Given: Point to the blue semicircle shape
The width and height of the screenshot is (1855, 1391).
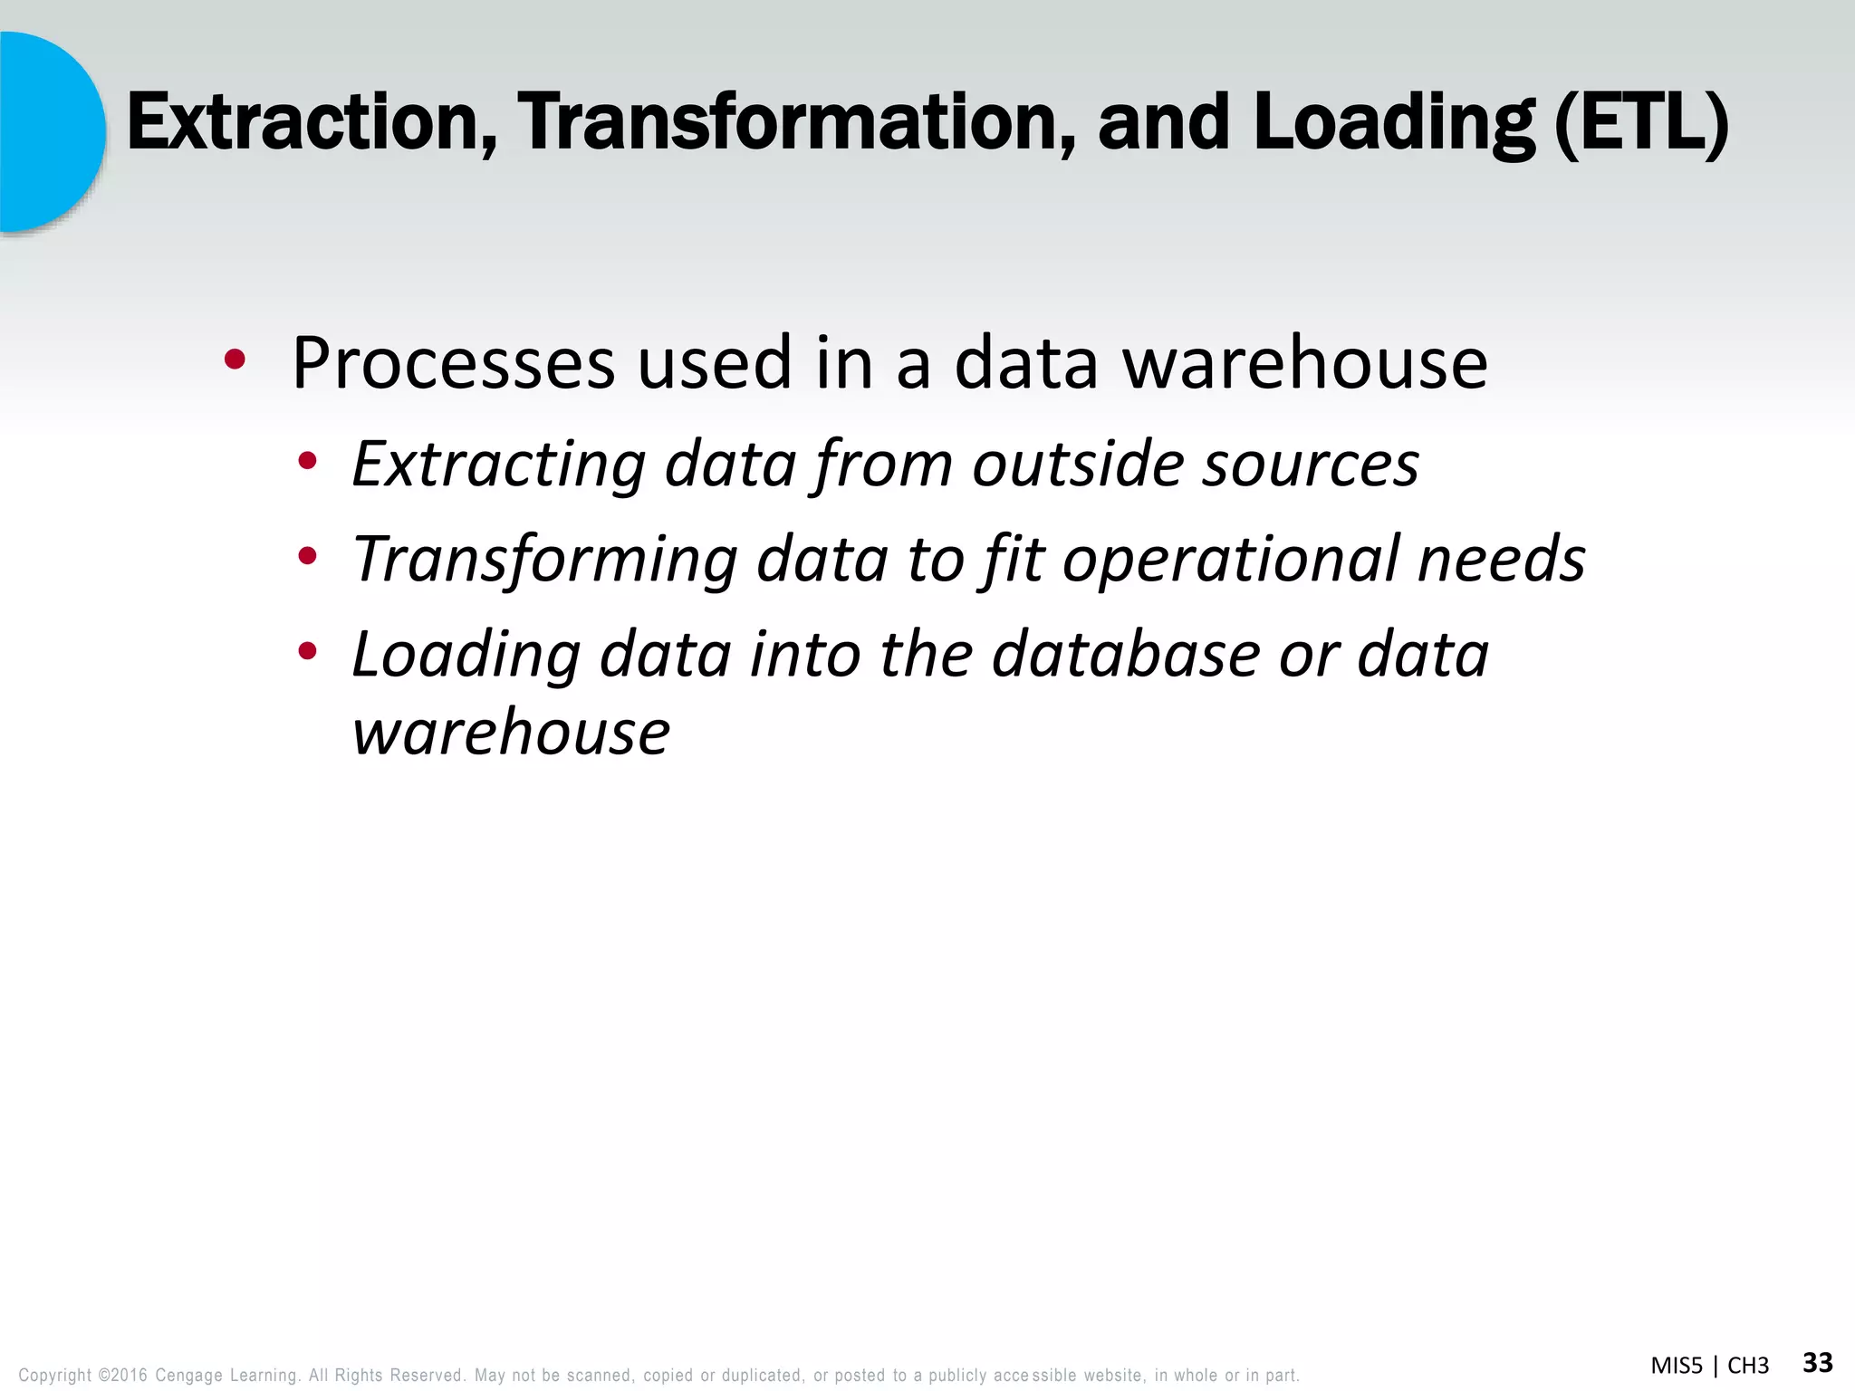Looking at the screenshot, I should click(50, 131).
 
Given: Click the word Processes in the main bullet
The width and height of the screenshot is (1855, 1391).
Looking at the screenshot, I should click(453, 363).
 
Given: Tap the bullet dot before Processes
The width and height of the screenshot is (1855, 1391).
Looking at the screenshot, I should click(235, 360).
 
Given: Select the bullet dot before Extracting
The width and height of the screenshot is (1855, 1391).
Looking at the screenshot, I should click(308, 461).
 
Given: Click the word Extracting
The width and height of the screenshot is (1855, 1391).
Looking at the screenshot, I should click(498, 464).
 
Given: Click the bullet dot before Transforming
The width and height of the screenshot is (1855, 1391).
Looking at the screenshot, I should click(308, 556).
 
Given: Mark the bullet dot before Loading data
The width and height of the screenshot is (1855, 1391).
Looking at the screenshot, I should click(308, 650).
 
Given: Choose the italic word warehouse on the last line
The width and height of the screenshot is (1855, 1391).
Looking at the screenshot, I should click(511, 732).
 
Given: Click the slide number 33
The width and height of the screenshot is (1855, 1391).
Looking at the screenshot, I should click(1818, 1362).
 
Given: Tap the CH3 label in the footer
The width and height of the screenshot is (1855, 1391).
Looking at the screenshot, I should click(1748, 1366).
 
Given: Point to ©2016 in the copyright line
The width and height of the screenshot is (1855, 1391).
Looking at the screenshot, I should click(122, 1376).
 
